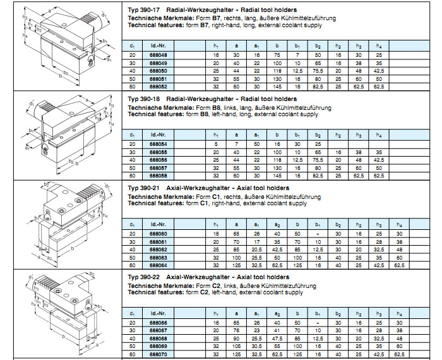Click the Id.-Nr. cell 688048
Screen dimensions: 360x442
[158, 56]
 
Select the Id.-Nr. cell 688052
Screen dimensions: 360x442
[158, 86]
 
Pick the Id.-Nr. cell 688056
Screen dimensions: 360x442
[158, 160]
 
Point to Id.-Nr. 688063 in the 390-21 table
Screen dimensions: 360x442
[158, 257]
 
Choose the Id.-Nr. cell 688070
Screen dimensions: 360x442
[158, 354]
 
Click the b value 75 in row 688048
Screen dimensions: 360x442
[277, 56]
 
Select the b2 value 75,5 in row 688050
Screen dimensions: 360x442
[319, 71]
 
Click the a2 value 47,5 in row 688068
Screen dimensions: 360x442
[277, 339]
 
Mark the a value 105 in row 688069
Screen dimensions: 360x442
[236, 346]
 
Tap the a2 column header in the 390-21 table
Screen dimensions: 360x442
[277, 224]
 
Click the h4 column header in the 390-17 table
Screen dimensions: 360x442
[379, 45]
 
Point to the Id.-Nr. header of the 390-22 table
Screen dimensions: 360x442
[158, 313]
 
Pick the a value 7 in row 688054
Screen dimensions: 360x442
[236, 145]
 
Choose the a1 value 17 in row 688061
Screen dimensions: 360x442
[256, 241]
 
